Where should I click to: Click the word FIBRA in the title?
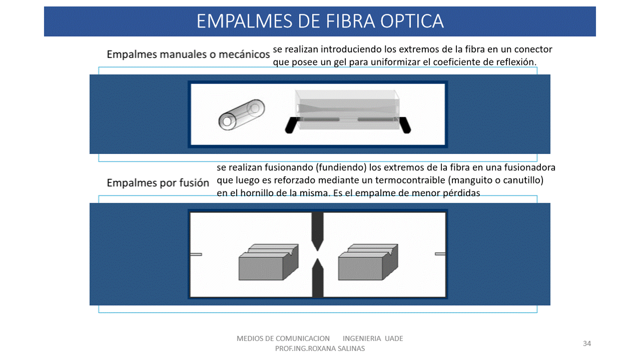tap(351, 21)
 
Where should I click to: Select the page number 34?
tap(587, 343)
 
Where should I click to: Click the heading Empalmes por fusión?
tap(158, 182)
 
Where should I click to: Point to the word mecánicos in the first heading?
tap(244, 54)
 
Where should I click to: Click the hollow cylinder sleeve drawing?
tap(242, 114)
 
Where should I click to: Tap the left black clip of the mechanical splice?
tap(291, 125)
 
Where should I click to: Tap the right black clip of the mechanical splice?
tap(405, 125)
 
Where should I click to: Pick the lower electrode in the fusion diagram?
tap(317, 278)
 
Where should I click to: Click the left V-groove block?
tap(269, 262)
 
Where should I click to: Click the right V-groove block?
tap(368, 262)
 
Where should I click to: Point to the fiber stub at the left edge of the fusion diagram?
tap(196, 254)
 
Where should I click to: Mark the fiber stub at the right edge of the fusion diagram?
tap(440, 254)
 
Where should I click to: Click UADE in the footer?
tap(394, 338)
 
